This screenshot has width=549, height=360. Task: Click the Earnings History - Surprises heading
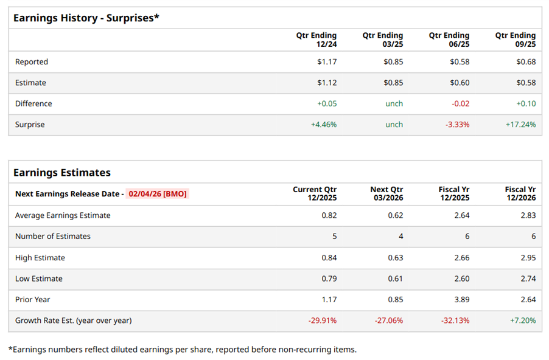(86, 18)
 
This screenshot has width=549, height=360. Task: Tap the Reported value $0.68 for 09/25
(526, 61)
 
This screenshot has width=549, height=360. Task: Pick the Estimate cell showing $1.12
(327, 83)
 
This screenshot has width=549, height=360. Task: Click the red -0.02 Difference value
(460, 103)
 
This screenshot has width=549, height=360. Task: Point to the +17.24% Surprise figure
(520, 125)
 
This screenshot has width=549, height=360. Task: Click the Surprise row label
(30, 125)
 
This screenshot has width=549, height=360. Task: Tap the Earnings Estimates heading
(62, 173)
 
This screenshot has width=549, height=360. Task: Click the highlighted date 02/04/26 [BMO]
(158, 194)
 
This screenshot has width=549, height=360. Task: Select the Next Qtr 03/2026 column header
(386, 194)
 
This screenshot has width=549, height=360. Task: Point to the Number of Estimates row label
(52, 236)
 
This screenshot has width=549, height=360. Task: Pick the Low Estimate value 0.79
(329, 279)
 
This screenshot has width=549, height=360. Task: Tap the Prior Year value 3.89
(461, 299)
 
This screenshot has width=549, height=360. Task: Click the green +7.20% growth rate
(523, 320)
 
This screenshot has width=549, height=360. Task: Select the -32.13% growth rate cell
(455, 320)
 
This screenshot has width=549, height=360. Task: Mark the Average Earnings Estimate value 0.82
(329, 215)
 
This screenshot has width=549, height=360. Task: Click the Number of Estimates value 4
(400, 236)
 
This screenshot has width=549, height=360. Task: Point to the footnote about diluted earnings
(182, 349)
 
